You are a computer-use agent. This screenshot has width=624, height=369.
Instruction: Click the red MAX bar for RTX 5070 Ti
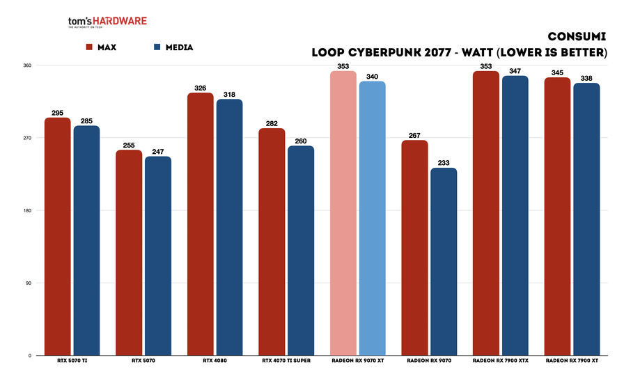57,237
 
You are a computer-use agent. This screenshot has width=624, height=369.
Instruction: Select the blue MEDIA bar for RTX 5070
158,256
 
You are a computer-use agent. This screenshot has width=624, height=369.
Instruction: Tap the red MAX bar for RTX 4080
201,224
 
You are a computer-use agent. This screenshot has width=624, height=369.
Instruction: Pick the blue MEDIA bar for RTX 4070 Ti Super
301,251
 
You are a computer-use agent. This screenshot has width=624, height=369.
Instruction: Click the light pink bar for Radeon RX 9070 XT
343,213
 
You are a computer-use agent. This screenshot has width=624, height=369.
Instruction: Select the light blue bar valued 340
372,218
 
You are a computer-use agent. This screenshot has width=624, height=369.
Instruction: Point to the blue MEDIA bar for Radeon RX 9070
444,261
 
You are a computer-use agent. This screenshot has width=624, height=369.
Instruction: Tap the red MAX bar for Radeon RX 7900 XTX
486,213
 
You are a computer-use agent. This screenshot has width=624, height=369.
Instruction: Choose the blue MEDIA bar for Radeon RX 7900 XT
586,219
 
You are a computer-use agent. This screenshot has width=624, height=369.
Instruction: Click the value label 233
444,162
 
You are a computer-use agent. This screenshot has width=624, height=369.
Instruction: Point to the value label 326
201,87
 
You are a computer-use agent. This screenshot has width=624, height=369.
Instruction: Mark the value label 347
515,70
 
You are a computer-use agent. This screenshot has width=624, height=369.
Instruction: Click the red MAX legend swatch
89,47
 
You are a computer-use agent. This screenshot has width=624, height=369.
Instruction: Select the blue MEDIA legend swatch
157,47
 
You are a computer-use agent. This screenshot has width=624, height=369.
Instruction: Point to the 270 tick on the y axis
27,138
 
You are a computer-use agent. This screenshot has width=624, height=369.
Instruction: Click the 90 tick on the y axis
29,283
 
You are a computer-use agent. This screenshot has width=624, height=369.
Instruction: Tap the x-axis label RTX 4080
214,361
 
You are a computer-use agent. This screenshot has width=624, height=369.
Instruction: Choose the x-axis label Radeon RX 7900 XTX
500,361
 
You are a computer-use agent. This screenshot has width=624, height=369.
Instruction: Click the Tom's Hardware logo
107,23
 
